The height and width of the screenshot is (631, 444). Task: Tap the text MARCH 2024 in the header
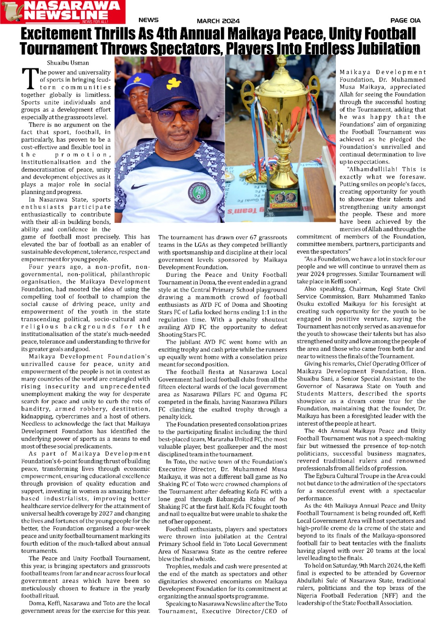click(x=218, y=21)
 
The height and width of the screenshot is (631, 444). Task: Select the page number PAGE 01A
click(x=405, y=21)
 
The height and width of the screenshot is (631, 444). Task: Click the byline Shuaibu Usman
click(x=68, y=63)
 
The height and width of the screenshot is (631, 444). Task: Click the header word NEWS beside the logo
click(x=148, y=20)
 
